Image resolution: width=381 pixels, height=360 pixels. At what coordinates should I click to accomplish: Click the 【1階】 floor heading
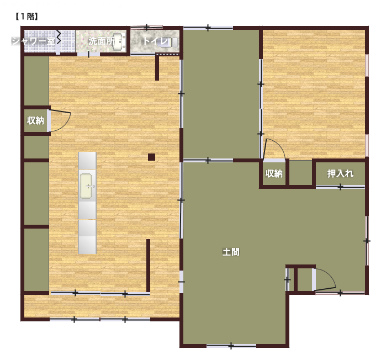27,17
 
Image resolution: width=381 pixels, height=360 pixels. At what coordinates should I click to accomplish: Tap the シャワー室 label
34,40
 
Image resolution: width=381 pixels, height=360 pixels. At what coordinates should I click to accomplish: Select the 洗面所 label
102,41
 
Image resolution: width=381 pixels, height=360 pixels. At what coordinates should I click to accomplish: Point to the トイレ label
156,41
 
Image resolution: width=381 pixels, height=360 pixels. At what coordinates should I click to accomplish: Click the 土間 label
231,252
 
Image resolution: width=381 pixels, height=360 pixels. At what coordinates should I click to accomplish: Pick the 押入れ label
340,173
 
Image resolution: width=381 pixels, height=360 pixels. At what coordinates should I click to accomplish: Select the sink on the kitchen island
86,186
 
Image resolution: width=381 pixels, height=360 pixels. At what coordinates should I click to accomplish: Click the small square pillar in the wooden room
152,157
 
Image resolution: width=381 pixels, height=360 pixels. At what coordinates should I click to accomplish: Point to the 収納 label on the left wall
35,120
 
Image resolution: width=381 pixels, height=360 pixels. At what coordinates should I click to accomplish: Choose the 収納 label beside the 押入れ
274,173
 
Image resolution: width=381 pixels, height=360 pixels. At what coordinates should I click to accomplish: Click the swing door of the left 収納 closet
60,121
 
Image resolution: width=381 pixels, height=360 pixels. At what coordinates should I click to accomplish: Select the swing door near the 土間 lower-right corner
325,279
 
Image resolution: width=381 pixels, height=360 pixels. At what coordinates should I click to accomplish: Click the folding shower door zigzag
59,37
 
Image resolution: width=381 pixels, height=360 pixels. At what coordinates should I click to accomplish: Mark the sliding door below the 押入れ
340,187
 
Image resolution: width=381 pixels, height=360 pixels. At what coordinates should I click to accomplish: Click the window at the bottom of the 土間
231,346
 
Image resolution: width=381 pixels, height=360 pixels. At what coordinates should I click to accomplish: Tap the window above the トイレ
146,27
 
